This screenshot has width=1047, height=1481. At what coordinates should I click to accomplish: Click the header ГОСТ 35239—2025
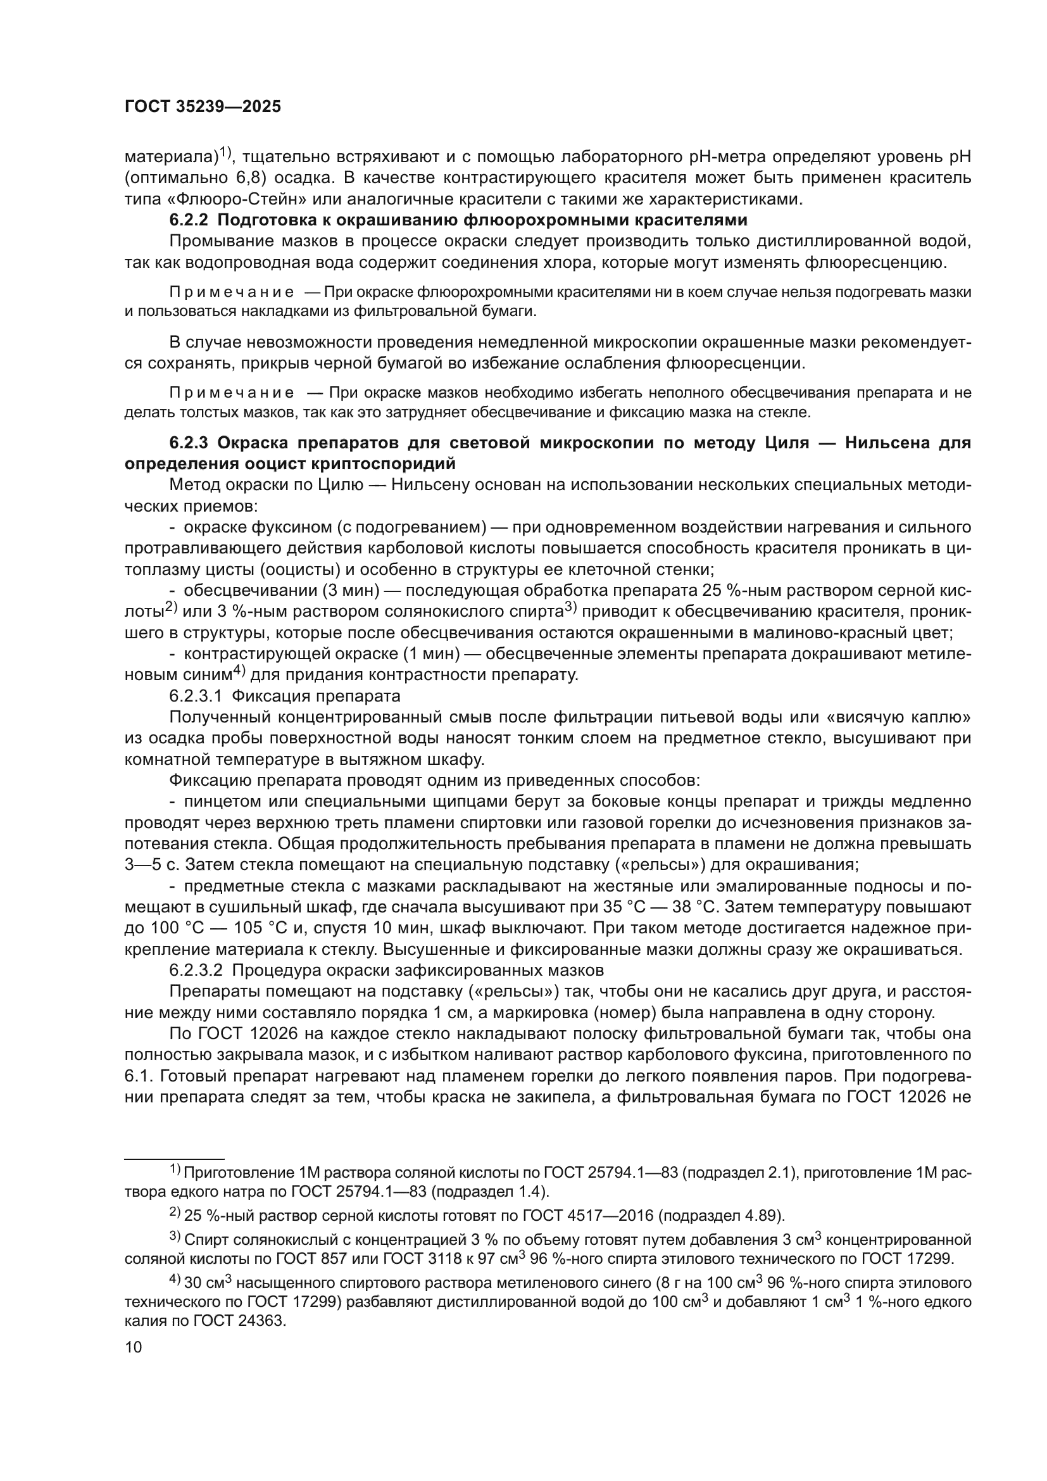pyautogui.click(x=203, y=107)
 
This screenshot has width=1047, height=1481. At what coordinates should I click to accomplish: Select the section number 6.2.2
pyautogui.click(x=188, y=220)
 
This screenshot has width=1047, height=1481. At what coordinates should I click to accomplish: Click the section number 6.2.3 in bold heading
pyautogui.click(x=188, y=443)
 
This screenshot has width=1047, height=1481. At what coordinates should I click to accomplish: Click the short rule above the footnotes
pyautogui.click(x=174, y=1159)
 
